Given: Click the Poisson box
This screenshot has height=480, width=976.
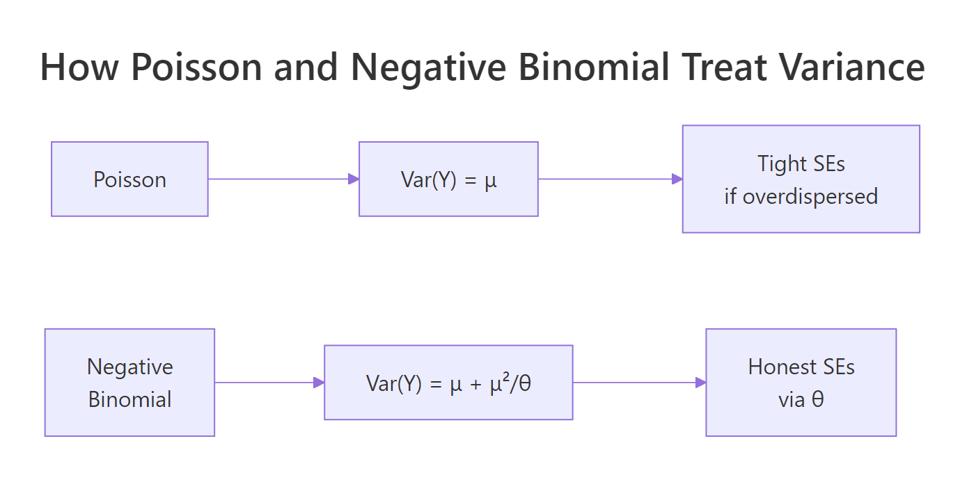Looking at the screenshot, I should coord(129,179).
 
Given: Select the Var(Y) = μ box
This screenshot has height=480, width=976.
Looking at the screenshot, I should coord(448,179).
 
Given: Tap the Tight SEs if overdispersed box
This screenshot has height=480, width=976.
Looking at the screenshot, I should coord(801,179).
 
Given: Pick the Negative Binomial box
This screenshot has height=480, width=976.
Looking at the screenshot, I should coord(129,383).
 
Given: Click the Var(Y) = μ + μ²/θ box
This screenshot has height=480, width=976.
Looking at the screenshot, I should coord(448,383).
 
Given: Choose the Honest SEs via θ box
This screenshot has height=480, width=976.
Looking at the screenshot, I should coord(801,383).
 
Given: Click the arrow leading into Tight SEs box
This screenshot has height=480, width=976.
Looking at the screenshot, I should coord(610,179).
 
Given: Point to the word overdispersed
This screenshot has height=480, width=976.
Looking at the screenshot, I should coord(810,196).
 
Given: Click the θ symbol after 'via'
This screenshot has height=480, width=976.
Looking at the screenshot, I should coord(819,399).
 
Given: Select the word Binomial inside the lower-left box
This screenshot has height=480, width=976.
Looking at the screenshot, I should coord(129,399).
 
